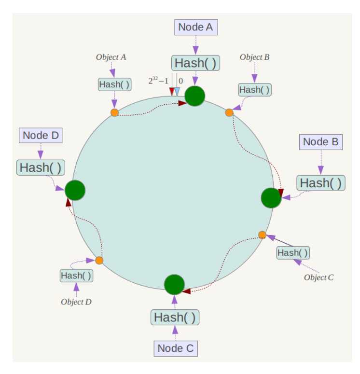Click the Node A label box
click(x=196, y=27)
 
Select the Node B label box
click(x=320, y=142)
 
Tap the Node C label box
click(x=176, y=348)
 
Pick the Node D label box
click(x=41, y=136)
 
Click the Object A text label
click(x=111, y=57)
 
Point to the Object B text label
click(x=254, y=57)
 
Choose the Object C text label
click(x=318, y=277)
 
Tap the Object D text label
click(x=76, y=302)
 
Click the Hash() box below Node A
click(x=195, y=63)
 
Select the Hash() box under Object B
click(x=255, y=90)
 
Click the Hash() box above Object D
click(x=76, y=276)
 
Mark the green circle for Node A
click(x=195, y=96)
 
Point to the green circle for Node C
click(x=174, y=285)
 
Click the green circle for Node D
click(x=75, y=190)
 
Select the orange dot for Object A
click(x=114, y=112)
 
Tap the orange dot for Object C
click(x=262, y=235)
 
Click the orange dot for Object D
click(x=99, y=260)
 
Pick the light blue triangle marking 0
click(x=177, y=92)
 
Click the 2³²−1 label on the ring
click(x=158, y=81)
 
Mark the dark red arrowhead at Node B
click(x=281, y=192)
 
